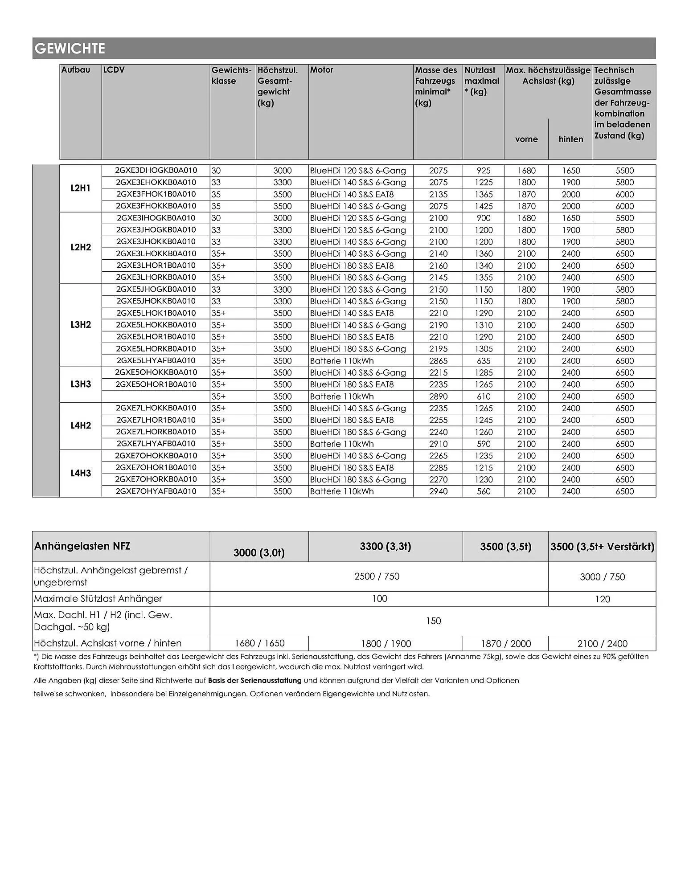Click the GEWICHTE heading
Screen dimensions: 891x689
pyautogui.click(x=70, y=49)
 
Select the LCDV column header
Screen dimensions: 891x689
pyautogui.click(x=114, y=70)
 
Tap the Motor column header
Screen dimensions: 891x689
pyautogui.click(x=321, y=70)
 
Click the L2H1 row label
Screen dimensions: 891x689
pyautogui.click(x=81, y=188)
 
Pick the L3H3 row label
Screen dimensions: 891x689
pyautogui.click(x=81, y=384)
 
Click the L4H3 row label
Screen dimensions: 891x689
pyautogui.click(x=81, y=473)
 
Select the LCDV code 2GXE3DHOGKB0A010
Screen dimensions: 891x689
pyautogui.click(x=156, y=170)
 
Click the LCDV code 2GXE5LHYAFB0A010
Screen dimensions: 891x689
pyautogui.click(x=156, y=360)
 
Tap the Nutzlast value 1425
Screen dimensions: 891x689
pyautogui.click(x=484, y=206)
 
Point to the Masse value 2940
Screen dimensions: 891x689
pyautogui.click(x=438, y=491)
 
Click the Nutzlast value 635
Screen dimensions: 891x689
pyautogui.click(x=484, y=361)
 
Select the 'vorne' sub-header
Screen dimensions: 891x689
pyautogui.click(x=526, y=139)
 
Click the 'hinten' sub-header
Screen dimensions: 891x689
pyautogui.click(x=571, y=139)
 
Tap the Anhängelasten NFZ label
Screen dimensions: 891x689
pyautogui.click(x=82, y=546)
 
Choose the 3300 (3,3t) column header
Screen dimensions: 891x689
pyautogui.click(x=386, y=546)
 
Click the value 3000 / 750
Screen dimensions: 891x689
pyautogui.click(x=602, y=577)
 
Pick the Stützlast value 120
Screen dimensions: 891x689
pyautogui.click(x=602, y=599)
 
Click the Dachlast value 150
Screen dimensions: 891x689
pyautogui.click(x=433, y=621)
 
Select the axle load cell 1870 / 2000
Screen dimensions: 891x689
pyautogui.click(x=505, y=644)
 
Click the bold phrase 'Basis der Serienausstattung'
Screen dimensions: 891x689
pyautogui.click(x=255, y=680)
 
